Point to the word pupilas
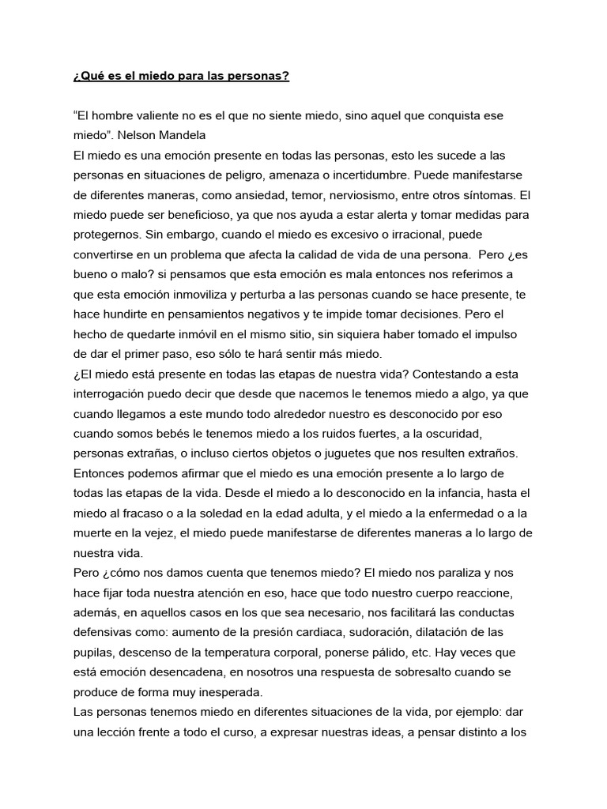92,653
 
